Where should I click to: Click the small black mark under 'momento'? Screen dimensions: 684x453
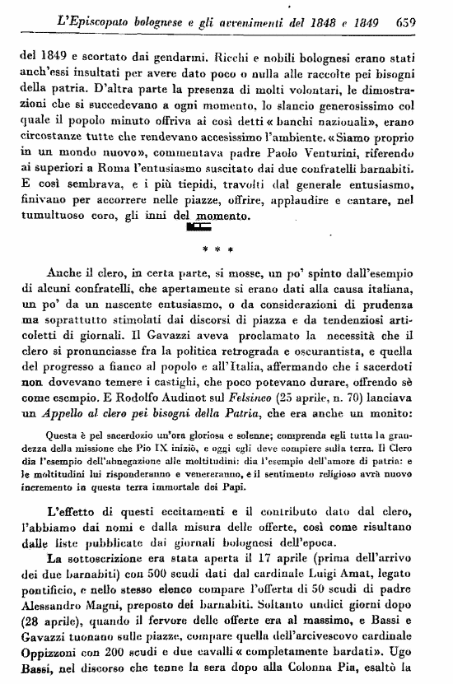(x=199, y=224)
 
